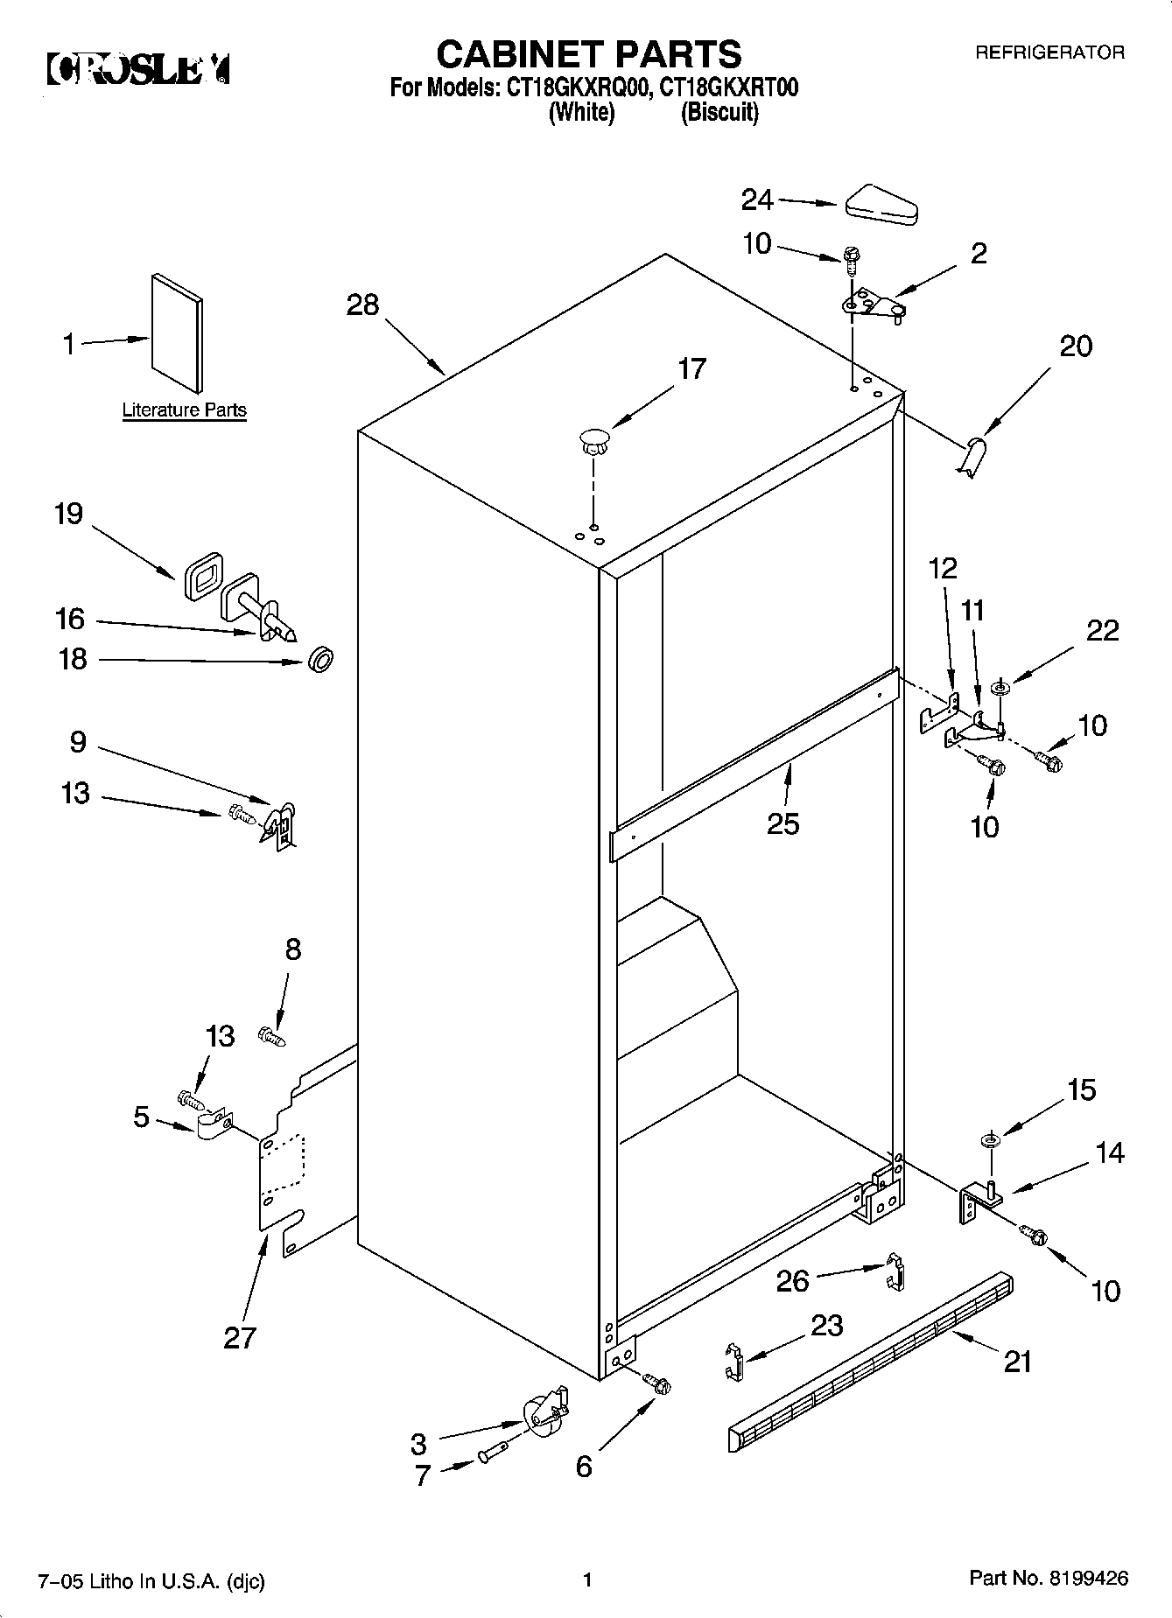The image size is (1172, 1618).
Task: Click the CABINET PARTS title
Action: pos(589,54)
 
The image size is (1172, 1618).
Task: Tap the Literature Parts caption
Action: pos(184,410)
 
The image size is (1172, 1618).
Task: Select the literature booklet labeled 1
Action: pos(178,332)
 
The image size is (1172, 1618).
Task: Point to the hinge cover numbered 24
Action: pos(880,203)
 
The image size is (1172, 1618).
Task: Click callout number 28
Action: pos(362,305)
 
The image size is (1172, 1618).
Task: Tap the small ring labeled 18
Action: pos(321,661)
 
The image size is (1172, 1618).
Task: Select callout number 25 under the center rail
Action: pos(783,823)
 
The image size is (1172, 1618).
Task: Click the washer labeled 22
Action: pos(999,690)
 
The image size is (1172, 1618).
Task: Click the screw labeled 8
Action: pos(271,1037)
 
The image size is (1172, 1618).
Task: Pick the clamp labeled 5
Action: pos(213,1125)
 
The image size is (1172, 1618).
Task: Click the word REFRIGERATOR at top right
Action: pos(1049,53)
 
